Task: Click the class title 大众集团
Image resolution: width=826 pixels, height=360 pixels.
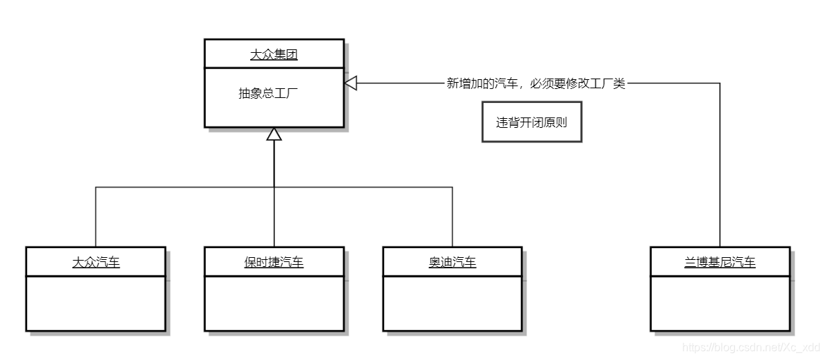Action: click(x=274, y=54)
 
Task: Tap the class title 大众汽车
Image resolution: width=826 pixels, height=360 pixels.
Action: click(x=96, y=262)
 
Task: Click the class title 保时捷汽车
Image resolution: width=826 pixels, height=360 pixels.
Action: click(x=274, y=262)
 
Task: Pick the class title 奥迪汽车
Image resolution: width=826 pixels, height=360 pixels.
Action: click(x=452, y=262)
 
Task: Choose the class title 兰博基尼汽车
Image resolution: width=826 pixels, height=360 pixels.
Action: click(x=720, y=262)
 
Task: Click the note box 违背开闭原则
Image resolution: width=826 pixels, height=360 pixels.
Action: click(x=531, y=122)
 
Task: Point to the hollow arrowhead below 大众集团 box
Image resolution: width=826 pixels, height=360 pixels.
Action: click(x=274, y=134)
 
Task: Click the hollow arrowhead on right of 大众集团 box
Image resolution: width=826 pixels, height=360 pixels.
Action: click(x=351, y=83)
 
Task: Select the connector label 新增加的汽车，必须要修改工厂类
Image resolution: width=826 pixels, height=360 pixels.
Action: click(x=536, y=84)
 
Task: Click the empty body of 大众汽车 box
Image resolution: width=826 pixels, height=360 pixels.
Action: click(x=96, y=302)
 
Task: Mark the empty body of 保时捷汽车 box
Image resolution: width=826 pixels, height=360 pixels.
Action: click(x=274, y=302)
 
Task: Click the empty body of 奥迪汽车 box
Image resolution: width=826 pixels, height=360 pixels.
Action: click(x=452, y=302)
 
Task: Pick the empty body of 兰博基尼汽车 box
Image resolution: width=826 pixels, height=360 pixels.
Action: click(x=720, y=302)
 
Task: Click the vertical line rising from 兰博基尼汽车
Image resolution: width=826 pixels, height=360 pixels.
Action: click(x=720, y=167)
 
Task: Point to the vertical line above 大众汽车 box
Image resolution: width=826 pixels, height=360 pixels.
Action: click(x=96, y=215)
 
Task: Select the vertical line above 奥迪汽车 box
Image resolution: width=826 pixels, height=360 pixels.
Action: click(x=452, y=215)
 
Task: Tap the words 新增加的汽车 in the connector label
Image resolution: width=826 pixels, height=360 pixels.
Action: click(x=481, y=84)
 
